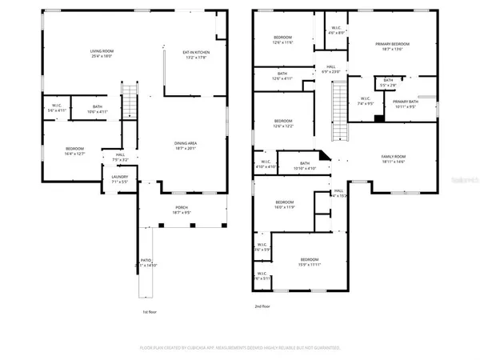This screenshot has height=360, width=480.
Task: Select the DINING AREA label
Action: click(x=186, y=143)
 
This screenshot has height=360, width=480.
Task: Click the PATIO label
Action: click(x=146, y=261)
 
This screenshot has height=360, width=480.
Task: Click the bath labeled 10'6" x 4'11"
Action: click(x=97, y=111)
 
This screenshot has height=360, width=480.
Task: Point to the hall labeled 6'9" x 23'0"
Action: click(x=330, y=70)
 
